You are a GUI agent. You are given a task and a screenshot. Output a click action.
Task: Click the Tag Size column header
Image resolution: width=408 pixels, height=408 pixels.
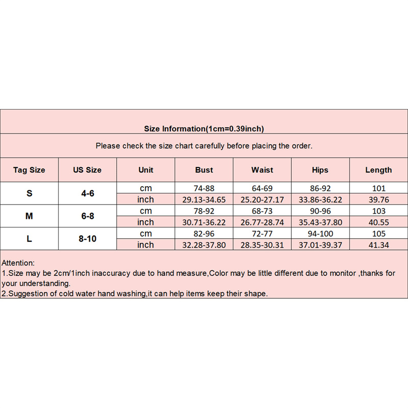click(29, 170)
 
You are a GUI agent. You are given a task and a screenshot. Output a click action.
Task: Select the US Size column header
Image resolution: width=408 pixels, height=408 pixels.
click(87, 170)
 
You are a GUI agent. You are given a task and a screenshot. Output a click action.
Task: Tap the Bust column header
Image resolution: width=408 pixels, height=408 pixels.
click(204, 170)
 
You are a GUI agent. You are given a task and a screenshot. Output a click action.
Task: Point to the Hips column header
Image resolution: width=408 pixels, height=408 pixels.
click(320, 170)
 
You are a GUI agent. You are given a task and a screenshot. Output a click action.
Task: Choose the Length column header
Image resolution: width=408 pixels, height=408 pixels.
click(378, 170)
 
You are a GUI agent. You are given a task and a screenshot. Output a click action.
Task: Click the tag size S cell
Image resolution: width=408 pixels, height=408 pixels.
click(29, 193)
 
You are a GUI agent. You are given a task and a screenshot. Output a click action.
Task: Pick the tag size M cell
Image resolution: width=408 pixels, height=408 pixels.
click(29, 216)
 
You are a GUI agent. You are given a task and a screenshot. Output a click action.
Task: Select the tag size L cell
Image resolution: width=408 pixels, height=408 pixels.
click(29, 238)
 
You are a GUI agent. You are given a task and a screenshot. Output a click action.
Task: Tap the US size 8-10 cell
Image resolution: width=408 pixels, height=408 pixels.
click(87, 238)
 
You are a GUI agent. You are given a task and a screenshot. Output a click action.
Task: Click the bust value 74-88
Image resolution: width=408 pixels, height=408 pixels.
click(204, 188)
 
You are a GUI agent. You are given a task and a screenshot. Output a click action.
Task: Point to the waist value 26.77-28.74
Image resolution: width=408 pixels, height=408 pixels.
click(262, 222)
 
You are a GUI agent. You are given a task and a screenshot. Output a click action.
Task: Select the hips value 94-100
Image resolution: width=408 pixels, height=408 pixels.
click(320, 233)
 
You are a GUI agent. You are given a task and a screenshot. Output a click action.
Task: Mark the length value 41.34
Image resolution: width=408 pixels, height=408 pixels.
click(378, 245)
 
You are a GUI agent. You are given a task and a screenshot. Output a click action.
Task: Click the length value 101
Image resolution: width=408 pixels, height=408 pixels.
click(378, 188)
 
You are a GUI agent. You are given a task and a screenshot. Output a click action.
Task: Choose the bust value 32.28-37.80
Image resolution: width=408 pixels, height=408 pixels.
click(204, 245)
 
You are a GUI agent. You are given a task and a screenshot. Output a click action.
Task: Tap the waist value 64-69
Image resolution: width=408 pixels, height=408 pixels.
click(262, 188)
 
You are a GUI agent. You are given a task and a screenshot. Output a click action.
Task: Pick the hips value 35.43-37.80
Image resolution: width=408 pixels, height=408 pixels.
click(320, 222)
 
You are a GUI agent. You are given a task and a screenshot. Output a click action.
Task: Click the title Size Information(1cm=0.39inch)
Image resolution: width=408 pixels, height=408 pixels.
click(204, 129)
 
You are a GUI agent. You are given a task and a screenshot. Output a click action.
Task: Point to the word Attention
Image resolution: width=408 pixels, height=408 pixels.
click(18, 263)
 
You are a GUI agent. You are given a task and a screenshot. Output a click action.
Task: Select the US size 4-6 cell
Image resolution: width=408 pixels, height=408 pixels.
click(87, 193)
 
